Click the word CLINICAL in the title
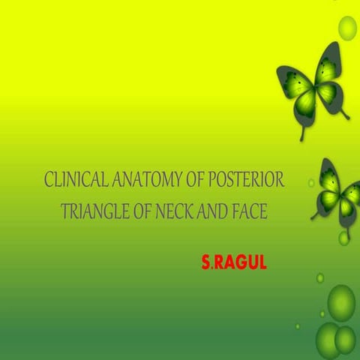[71, 181]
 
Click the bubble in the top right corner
[348, 28]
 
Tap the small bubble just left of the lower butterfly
[310, 182]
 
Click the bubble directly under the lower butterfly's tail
[343, 238]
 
